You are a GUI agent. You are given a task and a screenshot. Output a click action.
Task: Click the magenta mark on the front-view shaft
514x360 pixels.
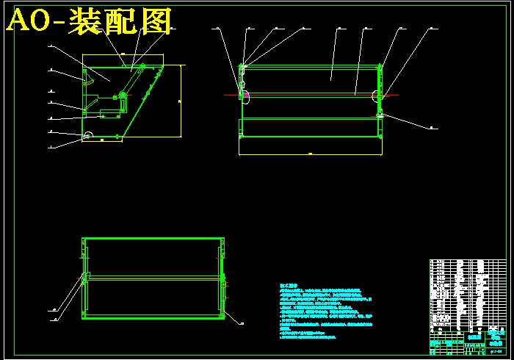246,94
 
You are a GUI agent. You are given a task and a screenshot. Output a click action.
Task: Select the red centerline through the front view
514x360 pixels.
308,95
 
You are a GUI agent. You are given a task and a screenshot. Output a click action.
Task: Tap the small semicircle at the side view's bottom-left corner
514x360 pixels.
88,135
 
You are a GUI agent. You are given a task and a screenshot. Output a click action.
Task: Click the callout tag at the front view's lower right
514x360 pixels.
432,127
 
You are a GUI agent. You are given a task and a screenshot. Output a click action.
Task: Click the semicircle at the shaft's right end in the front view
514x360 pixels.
377,95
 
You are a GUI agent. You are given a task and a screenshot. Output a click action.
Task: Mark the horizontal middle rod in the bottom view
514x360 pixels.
153,276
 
